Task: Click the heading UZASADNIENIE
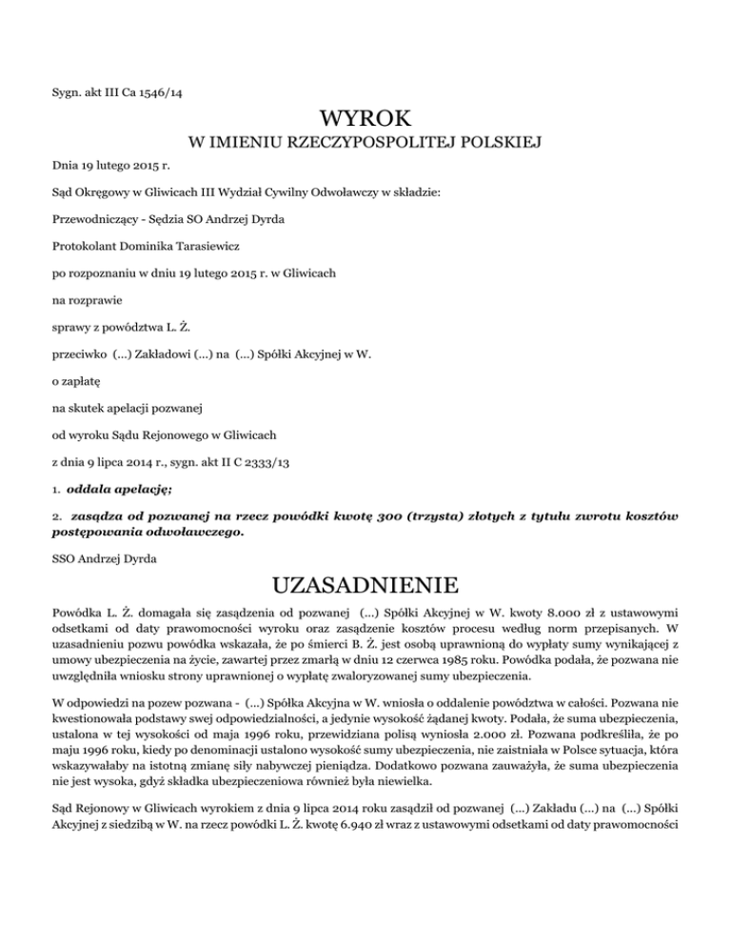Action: (x=365, y=582)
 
